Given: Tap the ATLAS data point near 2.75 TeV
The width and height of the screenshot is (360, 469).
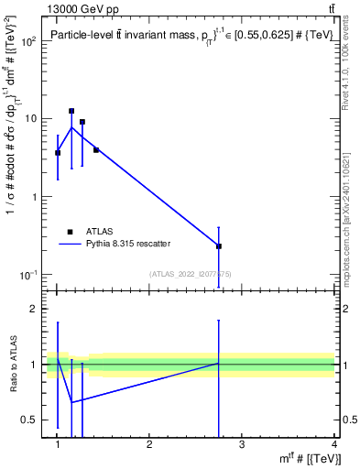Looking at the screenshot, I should (x=219, y=246).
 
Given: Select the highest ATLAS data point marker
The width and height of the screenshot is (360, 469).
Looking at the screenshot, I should (x=71, y=111).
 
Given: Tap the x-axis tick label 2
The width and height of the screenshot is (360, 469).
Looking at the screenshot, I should (x=150, y=445).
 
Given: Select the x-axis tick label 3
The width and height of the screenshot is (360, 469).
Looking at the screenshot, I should (x=242, y=445).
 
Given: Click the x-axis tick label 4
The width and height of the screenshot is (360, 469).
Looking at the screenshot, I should (x=333, y=445).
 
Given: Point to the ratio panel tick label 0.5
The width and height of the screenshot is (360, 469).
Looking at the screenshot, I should (x=29, y=420).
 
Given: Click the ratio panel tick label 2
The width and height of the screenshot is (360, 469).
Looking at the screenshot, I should (x=31, y=309).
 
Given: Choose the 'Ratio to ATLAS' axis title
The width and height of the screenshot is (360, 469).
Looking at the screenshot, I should (x=15, y=365).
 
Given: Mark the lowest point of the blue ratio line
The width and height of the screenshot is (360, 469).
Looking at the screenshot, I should (x=71, y=402).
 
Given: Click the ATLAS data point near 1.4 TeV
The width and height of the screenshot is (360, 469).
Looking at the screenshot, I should (x=96, y=149).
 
